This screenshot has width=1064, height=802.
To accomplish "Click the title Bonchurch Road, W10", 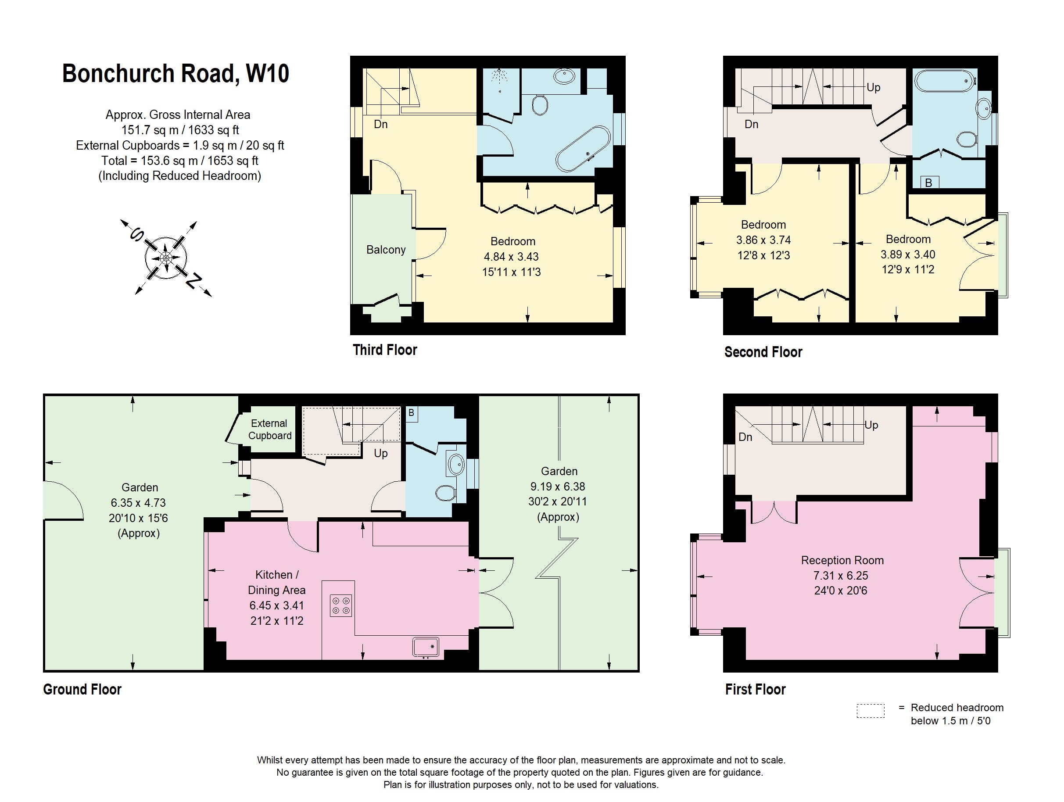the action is coord(176,74).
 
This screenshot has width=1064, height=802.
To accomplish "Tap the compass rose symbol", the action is coord(166,258).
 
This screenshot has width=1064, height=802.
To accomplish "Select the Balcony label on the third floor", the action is coord(386,250).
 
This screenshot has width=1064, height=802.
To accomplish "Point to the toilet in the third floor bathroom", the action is coord(541,104).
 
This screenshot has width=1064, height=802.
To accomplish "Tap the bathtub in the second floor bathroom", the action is coord(945,81).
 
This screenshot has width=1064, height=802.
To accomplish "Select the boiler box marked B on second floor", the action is coord(929,183).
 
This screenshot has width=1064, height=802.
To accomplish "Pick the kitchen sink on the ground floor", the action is coord(426,647).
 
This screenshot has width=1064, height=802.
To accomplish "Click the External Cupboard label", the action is coord(269,430).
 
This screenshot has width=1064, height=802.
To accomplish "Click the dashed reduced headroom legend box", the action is coord(870,711).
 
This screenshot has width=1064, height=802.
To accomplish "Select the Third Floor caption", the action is coord(385,350).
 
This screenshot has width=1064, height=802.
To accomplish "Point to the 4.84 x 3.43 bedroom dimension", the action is coord(511,257).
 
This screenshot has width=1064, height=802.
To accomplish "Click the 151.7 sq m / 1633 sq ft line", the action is coord(180,130).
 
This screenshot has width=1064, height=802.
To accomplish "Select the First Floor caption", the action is coord(755,689).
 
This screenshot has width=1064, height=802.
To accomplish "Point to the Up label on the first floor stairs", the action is coord(871,425).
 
